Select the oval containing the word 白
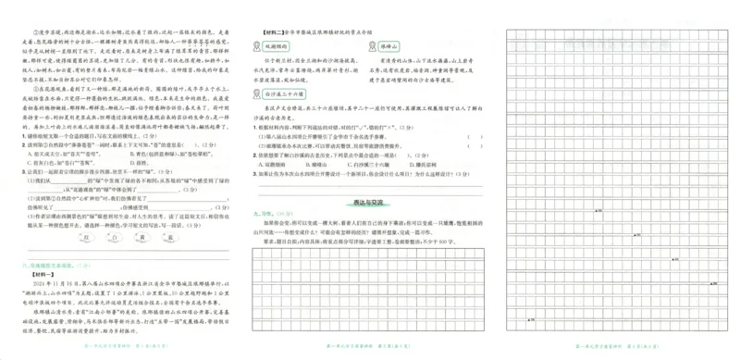(x=84, y=239)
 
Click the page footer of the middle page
(x=366, y=349)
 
